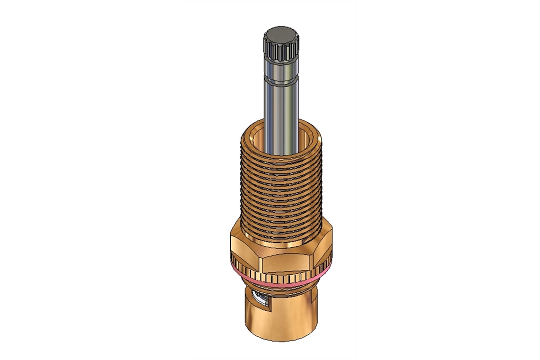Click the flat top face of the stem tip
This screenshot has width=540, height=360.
point(281,35)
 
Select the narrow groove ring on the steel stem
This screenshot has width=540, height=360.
point(280,83)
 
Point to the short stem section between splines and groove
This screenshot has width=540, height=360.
point(280,70)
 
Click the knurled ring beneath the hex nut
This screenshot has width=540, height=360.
point(284,277)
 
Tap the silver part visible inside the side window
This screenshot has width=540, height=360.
point(260,300)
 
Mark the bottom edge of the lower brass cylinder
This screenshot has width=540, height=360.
point(282,340)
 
